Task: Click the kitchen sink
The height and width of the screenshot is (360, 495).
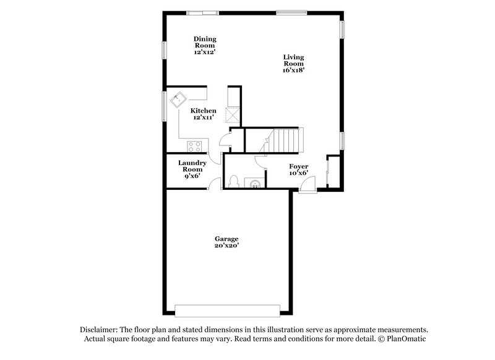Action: (x=180, y=99)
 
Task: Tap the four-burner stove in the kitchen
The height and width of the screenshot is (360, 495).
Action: (x=195, y=147)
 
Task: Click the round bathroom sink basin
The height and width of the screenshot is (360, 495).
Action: (x=254, y=183)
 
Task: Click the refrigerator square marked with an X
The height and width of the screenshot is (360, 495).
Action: (x=233, y=116)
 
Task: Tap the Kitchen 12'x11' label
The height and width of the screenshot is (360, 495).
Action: (x=203, y=114)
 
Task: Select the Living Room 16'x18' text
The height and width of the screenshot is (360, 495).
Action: (x=293, y=64)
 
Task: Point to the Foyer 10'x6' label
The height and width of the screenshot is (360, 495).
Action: (x=299, y=169)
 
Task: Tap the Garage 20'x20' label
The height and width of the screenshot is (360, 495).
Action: (x=226, y=242)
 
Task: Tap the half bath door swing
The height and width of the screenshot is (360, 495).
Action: (x=260, y=162)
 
